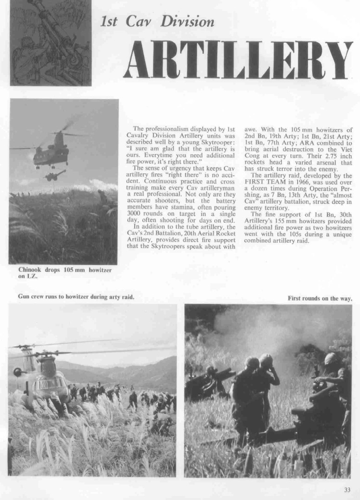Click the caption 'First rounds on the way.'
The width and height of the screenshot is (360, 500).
point(320,298)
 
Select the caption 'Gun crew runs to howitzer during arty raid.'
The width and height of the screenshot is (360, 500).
point(76,296)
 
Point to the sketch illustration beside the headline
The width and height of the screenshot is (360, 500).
point(51,43)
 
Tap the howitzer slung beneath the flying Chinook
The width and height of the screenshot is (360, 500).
point(55,175)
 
